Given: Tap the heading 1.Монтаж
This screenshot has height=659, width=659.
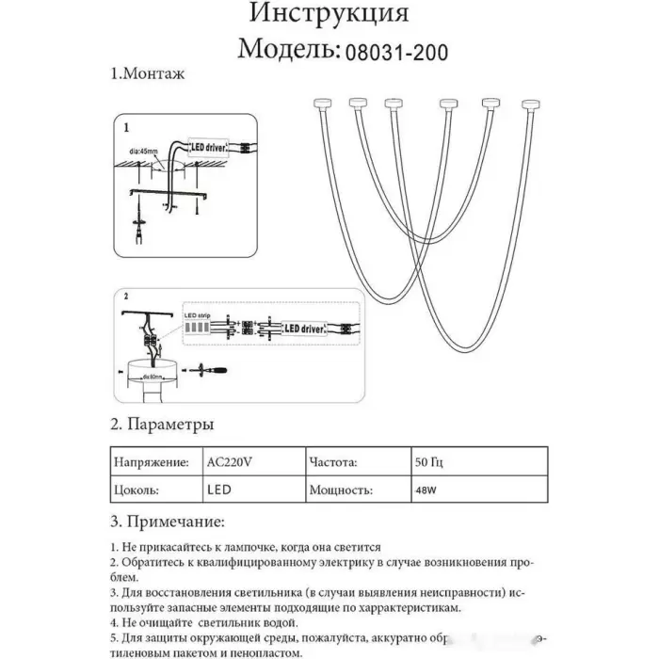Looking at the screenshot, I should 147,73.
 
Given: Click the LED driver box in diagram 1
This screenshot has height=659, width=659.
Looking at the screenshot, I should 216,148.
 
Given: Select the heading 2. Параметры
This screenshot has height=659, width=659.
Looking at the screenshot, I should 161,425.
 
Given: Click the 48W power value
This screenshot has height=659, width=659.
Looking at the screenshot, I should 426,490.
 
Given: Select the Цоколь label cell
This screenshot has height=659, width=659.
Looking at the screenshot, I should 135,490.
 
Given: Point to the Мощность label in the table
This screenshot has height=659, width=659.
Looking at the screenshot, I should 340,490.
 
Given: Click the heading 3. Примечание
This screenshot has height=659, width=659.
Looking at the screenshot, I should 167,521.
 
